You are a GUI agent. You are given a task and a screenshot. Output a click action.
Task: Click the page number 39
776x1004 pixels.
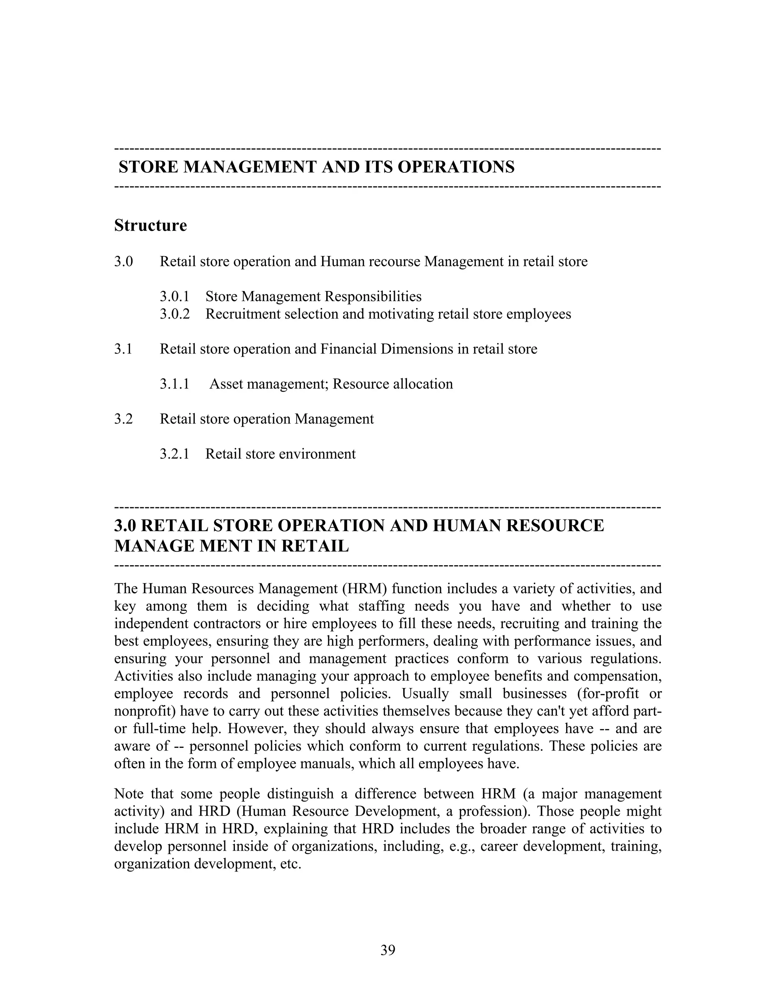coord(388,950)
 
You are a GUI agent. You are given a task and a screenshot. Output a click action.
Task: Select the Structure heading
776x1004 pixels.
coord(150,225)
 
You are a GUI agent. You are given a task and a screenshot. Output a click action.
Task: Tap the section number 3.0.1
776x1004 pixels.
coord(175,297)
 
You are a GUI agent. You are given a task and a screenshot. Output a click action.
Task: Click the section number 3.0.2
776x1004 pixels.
coord(175,314)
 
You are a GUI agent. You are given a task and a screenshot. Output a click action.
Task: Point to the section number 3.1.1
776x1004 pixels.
coord(175,384)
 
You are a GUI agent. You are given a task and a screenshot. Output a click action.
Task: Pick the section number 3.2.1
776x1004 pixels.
coord(175,454)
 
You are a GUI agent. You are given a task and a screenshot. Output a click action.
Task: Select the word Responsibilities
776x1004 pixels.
coord(373,297)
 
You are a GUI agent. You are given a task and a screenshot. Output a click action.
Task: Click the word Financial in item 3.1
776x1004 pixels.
coord(348,349)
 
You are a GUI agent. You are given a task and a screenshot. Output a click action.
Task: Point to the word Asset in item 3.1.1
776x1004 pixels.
coord(226,384)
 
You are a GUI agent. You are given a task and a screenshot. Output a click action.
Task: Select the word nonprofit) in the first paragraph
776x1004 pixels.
coord(145,711)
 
